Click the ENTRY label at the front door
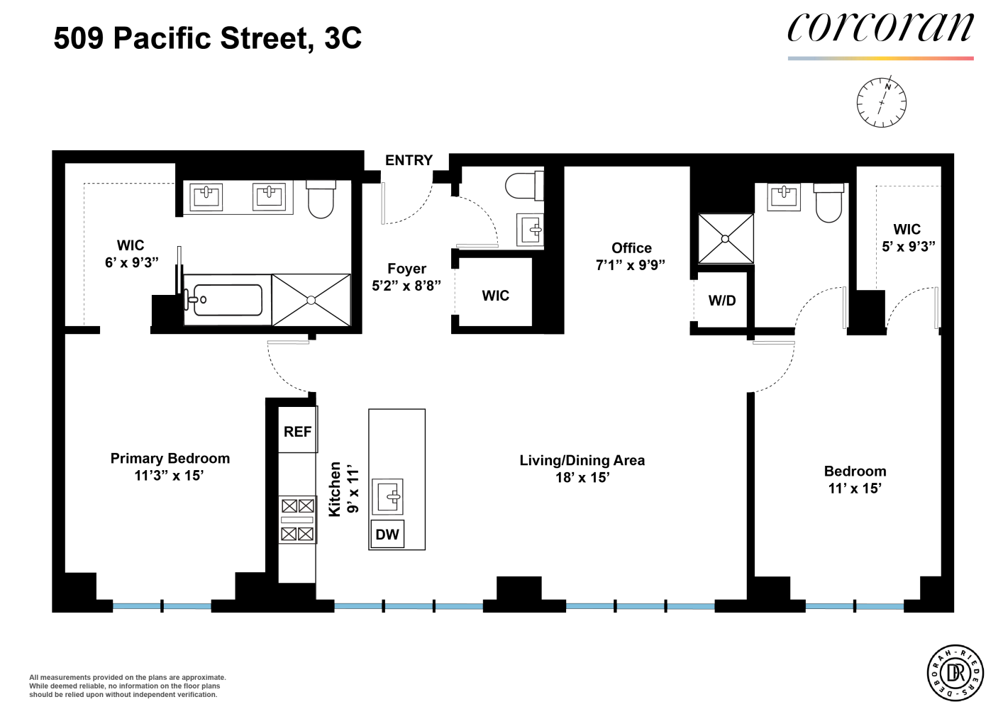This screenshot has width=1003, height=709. [409, 160]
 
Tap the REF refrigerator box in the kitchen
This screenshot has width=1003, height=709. [298, 429]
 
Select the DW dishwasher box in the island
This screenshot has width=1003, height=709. [387, 534]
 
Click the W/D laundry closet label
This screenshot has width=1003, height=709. [722, 301]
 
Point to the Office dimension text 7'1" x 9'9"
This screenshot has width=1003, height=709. [631, 265]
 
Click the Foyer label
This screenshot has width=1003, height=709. [406, 269]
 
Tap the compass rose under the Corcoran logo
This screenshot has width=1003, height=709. [881, 103]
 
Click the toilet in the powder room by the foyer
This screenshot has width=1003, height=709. [524, 186]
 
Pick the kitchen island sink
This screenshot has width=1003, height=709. [388, 496]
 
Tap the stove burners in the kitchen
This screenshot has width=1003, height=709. [297, 520]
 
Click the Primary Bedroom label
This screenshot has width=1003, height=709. [170, 458]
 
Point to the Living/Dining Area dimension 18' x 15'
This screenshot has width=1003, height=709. [582, 478]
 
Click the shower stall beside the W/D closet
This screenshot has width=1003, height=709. [726, 239]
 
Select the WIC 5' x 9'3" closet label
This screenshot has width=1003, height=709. [908, 238]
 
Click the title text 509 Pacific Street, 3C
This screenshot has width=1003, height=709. [207, 38]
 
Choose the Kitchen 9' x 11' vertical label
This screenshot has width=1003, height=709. [344, 489]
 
